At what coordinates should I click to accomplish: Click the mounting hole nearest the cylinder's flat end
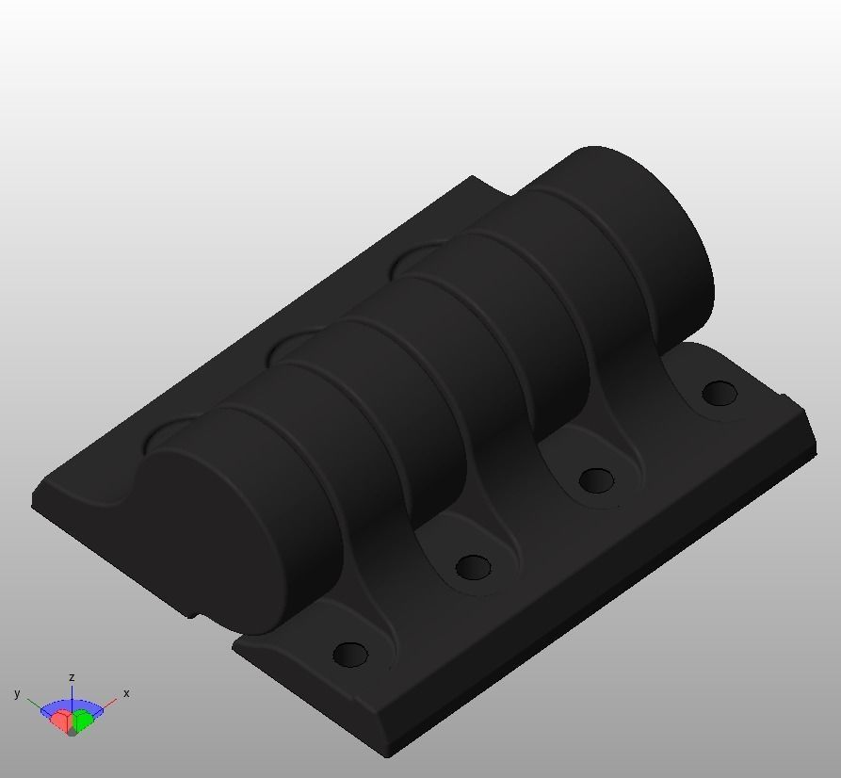click(351, 654)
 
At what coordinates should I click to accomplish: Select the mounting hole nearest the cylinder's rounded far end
click(720, 393)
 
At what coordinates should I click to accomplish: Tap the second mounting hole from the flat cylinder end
click(473, 567)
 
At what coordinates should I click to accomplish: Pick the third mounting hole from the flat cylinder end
click(596, 480)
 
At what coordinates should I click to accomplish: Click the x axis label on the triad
click(126, 693)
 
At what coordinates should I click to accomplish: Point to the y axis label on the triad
click(17, 693)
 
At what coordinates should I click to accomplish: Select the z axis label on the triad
click(72, 677)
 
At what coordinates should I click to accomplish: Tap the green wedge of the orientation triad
click(84, 722)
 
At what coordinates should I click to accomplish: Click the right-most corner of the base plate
click(814, 452)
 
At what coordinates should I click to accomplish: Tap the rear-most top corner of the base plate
click(474, 177)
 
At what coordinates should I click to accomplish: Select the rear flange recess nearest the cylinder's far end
click(414, 258)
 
